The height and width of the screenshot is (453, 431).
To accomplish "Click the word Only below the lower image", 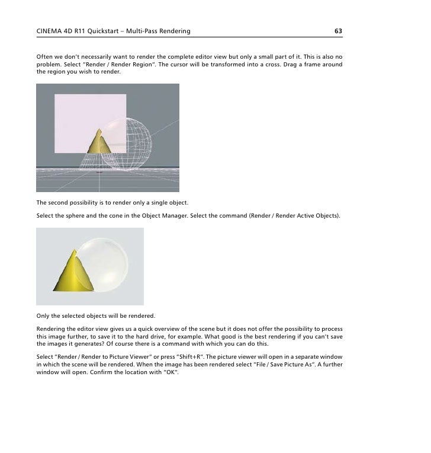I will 44,315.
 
